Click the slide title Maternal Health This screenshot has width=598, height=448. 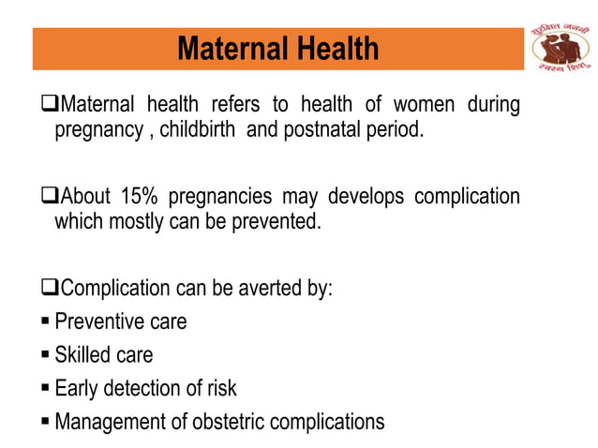coord(278,48)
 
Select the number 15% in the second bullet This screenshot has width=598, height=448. coord(140,197)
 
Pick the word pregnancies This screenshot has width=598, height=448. coord(232,197)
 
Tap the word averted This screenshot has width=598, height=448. coord(263,289)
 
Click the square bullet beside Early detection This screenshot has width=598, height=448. coord(47,388)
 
